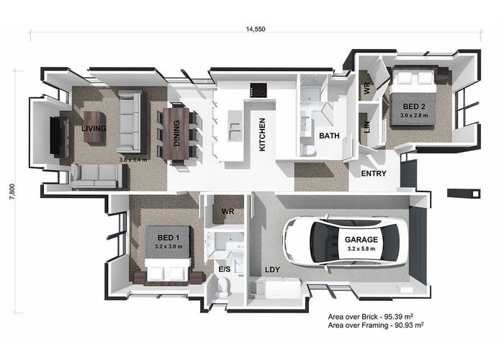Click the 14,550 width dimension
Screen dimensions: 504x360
point(256,30)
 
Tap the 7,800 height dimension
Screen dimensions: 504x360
point(12,192)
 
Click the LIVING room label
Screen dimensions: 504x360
point(94,129)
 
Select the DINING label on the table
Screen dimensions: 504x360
point(176,133)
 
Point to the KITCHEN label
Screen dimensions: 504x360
point(262,135)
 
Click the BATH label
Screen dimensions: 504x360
point(329,136)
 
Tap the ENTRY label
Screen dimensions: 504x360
point(374,174)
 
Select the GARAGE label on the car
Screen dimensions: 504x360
point(361,240)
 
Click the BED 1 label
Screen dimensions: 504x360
point(168,238)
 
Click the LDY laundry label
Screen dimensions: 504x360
point(273,270)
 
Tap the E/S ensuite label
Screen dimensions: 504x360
point(225,269)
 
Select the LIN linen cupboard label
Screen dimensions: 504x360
point(367,127)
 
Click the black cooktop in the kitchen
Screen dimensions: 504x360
point(258,90)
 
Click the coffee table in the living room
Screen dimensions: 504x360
point(95,127)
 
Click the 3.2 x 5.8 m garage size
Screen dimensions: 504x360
point(361,249)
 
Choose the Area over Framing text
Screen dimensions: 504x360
point(376,325)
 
